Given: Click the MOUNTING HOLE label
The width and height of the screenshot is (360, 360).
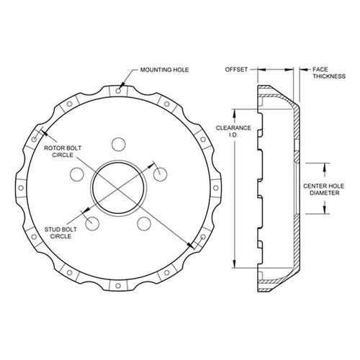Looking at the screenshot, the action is click(x=164, y=70).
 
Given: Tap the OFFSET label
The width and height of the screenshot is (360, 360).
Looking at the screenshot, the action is click(x=236, y=70).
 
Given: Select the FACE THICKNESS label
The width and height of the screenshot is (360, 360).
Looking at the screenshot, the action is click(x=329, y=73).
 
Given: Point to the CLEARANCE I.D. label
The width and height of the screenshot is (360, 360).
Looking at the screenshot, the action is click(x=233, y=131).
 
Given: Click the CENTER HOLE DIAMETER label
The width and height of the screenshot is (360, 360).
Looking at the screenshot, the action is click(x=323, y=189).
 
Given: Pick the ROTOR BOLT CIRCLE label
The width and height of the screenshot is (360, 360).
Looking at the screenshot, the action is click(x=63, y=151).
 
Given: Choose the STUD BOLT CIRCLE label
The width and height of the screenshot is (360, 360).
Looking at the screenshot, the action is click(x=60, y=233).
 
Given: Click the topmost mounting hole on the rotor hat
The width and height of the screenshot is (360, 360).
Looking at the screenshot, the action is click(x=118, y=91).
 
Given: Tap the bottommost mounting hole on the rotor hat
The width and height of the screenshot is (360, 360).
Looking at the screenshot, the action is click(x=118, y=286).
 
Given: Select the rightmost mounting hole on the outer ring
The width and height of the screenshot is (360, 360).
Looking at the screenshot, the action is click(x=215, y=188).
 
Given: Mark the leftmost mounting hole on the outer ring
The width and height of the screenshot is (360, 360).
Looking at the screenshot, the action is click(x=21, y=188).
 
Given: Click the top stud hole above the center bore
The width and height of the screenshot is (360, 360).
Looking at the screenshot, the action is click(x=119, y=144).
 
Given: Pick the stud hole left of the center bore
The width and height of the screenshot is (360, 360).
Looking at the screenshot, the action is click(x=77, y=174).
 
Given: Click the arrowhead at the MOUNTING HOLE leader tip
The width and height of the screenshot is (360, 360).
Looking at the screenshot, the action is click(x=122, y=84).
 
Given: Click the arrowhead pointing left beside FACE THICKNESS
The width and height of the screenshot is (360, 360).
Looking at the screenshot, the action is click(x=303, y=70).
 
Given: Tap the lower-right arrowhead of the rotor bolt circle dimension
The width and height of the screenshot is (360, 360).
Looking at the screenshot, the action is click(x=191, y=245).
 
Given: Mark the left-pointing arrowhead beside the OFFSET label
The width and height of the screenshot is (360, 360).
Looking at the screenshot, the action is click(x=261, y=70).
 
